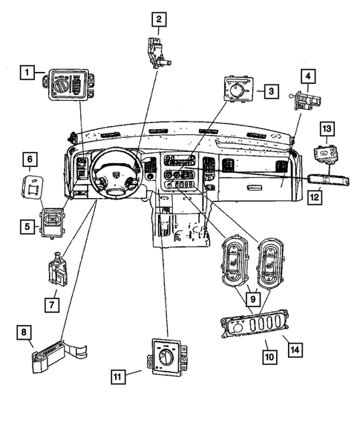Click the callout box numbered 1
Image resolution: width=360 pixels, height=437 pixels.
coord(27,72)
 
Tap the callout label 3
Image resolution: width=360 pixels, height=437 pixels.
coord(272,92)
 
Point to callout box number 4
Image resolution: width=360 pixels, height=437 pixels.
coord(307,75)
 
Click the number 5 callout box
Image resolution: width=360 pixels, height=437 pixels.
coord(27,226)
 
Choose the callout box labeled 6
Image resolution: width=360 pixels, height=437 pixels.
coord(29,160)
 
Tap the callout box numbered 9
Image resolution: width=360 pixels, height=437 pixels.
coord(254,299)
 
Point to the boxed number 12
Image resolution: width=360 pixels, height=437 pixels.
coord(315,197)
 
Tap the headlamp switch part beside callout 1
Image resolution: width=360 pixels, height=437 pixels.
coord(68,85)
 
